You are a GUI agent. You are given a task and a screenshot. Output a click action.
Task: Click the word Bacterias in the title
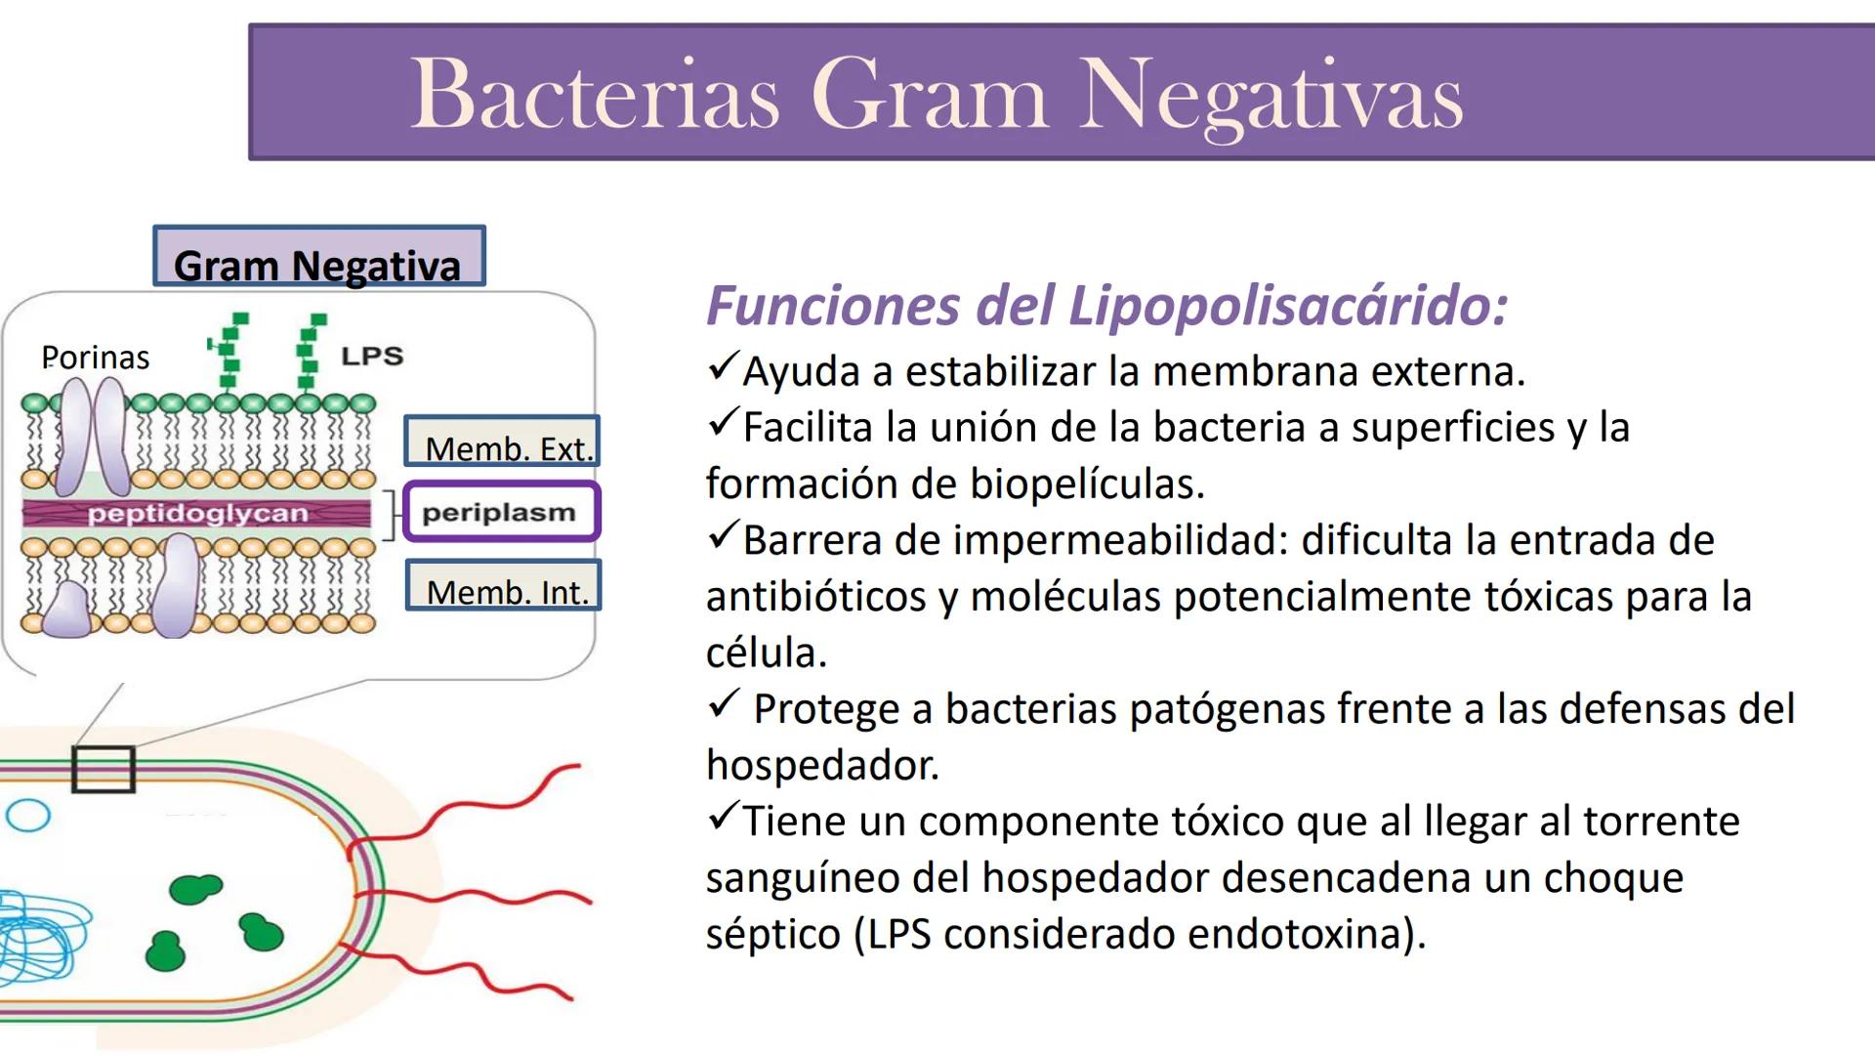pyautogui.click(x=595, y=93)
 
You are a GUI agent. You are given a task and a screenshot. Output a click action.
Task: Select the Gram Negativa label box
pyautogui.click(x=319, y=257)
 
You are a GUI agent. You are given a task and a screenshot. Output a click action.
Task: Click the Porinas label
pyautogui.click(x=96, y=358)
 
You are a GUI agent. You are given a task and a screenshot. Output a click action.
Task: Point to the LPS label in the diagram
pyautogui.click(x=372, y=356)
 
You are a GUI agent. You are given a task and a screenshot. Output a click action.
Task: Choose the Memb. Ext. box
pyautogui.click(x=502, y=442)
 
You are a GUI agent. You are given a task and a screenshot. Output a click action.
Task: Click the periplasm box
pyautogui.click(x=501, y=512)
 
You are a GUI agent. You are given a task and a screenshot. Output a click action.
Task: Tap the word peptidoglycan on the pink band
pyautogui.click(x=197, y=513)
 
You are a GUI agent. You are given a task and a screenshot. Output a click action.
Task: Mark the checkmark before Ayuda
pyautogui.click(x=723, y=367)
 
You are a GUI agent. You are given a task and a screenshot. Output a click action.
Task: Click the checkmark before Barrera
pyautogui.click(x=723, y=535)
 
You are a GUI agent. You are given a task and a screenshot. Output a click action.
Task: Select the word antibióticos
pyautogui.click(x=816, y=597)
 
